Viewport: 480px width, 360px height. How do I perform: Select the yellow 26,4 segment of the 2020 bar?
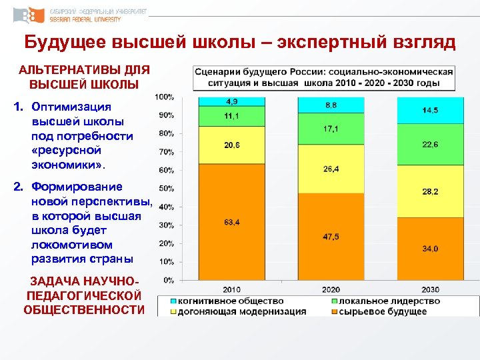tap(331, 169)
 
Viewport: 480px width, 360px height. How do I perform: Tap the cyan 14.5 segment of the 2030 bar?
tap(430, 110)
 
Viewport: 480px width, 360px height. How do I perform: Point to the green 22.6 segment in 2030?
tap(430, 144)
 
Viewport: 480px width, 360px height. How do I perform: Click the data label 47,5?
tap(331, 237)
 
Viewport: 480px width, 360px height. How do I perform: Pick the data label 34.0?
tap(430, 249)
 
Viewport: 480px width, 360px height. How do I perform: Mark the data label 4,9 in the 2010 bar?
tap(233, 101)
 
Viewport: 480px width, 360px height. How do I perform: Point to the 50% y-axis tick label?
tap(167, 189)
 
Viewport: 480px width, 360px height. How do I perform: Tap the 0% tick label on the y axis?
tap(169, 280)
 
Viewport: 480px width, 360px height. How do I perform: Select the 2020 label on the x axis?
tap(331, 290)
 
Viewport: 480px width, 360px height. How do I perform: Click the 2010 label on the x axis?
tap(231, 290)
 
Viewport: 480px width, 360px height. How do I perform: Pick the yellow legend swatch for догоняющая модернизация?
tap(173, 311)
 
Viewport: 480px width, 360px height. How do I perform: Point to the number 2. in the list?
tap(19, 187)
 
